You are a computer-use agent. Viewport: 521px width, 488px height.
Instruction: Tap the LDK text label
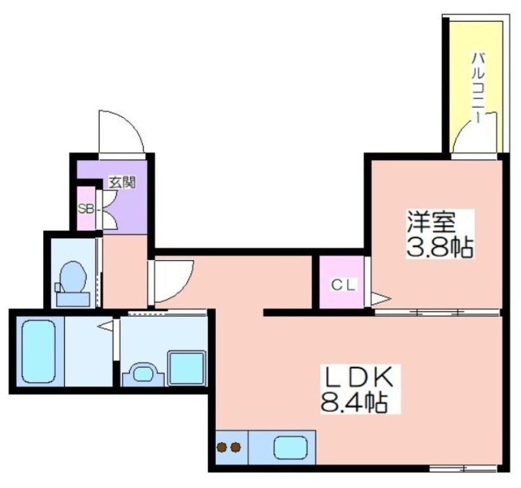[359, 378]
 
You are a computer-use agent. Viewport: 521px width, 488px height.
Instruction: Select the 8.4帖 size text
[354, 402]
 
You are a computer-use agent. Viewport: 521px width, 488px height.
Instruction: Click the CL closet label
[343, 285]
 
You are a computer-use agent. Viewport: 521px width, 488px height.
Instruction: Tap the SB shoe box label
[85, 209]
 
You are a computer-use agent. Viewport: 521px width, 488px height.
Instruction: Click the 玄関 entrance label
[123, 183]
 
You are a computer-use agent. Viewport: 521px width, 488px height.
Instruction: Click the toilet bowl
[73, 277]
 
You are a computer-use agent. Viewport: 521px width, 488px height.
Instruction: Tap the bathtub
[38, 351]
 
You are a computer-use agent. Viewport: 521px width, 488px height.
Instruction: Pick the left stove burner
[221, 447]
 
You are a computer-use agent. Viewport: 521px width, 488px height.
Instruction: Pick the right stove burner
[236, 447]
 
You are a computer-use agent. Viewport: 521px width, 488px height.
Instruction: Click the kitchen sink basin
[291, 447]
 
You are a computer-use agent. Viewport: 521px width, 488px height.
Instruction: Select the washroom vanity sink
[143, 374]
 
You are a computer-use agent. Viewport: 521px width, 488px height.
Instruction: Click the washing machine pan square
[186, 368]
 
